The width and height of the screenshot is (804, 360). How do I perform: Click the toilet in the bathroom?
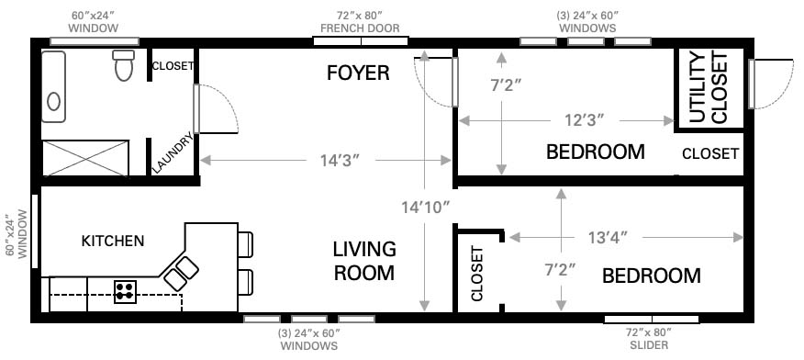(x=124, y=65)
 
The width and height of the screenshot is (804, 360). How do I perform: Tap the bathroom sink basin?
(x=53, y=102)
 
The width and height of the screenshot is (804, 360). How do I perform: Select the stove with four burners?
(x=125, y=292)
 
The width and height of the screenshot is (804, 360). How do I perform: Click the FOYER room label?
(x=359, y=73)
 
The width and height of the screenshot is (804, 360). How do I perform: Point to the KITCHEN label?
(x=113, y=241)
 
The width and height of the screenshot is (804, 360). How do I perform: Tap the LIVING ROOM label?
(x=364, y=261)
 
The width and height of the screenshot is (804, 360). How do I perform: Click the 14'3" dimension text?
(x=340, y=161)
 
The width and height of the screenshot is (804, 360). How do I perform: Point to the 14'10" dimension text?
(x=425, y=208)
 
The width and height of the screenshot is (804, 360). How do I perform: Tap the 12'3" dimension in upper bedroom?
(x=585, y=120)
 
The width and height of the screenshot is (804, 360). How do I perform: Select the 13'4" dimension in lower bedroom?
(x=609, y=237)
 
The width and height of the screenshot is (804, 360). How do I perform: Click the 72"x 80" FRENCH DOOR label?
(x=360, y=22)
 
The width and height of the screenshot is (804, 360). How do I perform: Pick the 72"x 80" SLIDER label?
(x=649, y=339)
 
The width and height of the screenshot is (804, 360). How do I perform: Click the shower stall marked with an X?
(x=85, y=157)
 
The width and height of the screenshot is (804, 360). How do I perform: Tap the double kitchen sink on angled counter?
(x=181, y=274)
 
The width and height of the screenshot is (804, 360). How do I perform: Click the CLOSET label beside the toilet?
(x=173, y=65)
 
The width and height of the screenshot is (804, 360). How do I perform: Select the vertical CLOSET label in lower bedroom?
(x=477, y=274)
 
